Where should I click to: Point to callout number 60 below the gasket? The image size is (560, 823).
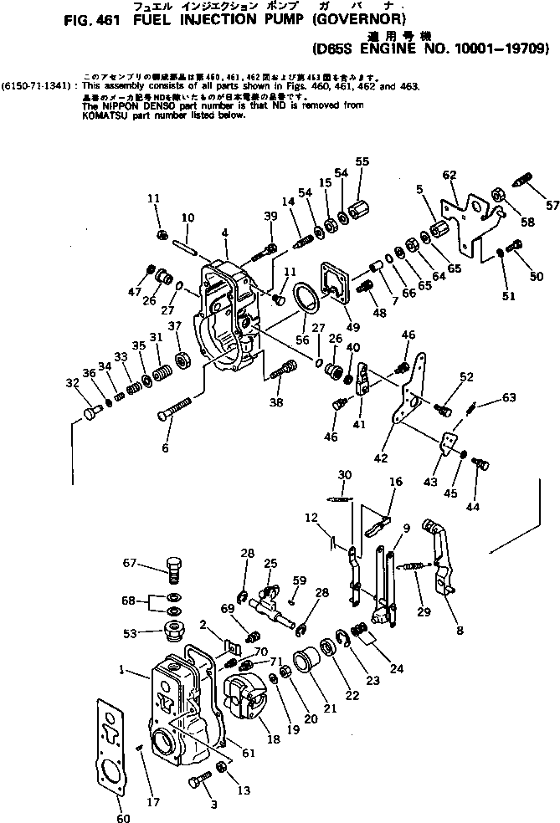tap(123, 817)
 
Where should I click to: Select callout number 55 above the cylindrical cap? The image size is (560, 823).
tap(362, 161)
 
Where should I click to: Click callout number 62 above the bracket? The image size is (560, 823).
tap(450, 175)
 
